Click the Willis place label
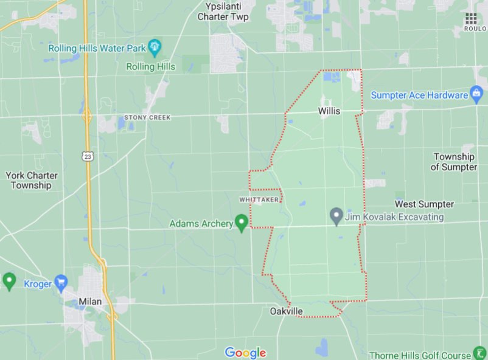tap(329, 111)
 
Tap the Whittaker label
tap(259, 199)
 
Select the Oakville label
tap(286, 311)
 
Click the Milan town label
tap(89, 302)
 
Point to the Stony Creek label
tap(147, 117)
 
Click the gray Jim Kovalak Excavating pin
tap(336, 216)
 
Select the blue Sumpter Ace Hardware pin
tap(477, 94)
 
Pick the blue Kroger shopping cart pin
tap(61, 282)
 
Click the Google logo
tap(245, 353)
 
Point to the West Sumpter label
tap(424, 204)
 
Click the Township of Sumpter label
tap(455, 162)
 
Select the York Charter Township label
tap(32, 180)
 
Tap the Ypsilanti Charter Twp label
tap(223, 12)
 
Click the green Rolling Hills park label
tap(151, 66)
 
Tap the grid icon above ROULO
tap(471, 18)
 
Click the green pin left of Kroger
tap(9, 281)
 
